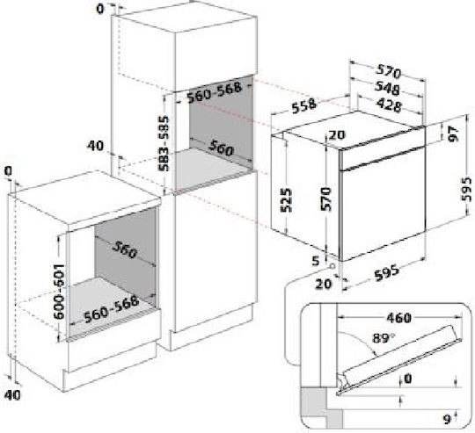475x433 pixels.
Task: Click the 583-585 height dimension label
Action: (164, 143)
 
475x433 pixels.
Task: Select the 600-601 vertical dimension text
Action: (59, 292)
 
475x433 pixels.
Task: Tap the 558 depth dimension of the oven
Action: (303, 105)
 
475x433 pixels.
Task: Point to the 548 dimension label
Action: (387, 87)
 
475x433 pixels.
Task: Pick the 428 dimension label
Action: (389, 105)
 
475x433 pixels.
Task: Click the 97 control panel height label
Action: (454, 134)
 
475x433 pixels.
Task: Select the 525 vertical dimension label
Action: (286, 200)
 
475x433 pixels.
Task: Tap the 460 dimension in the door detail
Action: (399, 318)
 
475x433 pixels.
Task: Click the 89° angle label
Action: (384, 338)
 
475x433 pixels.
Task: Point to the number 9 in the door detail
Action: (447, 419)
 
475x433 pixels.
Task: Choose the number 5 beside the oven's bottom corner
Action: (316, 260)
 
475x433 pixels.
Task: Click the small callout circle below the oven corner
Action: (332, 266)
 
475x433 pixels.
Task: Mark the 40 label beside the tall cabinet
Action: (95, 146)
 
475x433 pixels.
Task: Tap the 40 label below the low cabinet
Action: (12, 394)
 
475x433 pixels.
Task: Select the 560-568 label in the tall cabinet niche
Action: (215, 92)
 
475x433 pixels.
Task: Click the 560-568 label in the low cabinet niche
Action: (112, 309)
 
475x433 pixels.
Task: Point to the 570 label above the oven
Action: (389, 72)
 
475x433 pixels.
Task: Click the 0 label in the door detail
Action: (408, 379)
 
